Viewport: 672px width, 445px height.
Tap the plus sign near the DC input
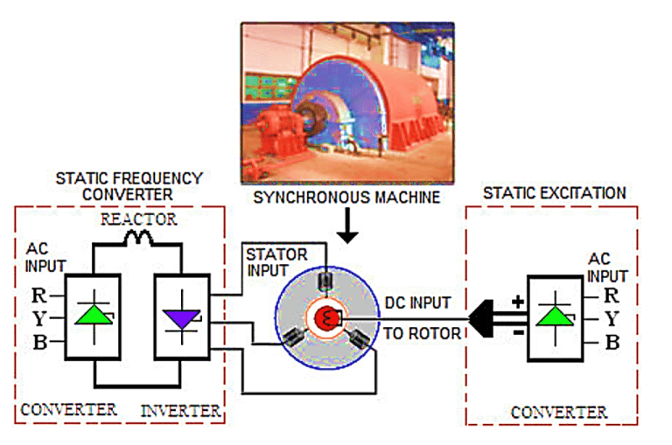[517, 301]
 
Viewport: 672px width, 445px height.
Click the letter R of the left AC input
[38, 293]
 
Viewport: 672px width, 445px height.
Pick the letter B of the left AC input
[38, 342]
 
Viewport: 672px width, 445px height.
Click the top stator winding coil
[326, 281]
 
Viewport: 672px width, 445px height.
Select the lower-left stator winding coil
[292, 337]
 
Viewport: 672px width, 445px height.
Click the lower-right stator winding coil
[361, 337]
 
